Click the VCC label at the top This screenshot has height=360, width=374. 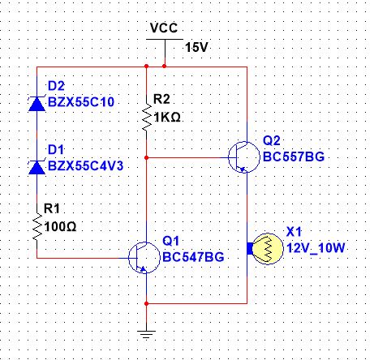[x=164, y=28]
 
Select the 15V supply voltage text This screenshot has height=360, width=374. [x=196, y=48]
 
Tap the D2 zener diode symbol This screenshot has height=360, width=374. [x=37, y=104]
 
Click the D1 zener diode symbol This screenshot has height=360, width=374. [x=37, y=167]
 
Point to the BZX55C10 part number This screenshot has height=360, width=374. [x=81, y=102]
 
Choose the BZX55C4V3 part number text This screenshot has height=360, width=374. [x=85, y=165]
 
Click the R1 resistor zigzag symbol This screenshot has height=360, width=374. [x=37, y=226]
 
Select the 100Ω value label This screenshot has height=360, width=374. [x=60, y=226]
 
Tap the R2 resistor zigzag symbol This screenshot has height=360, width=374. [x=147, y=117]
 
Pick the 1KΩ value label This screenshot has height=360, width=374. [x=167, y=118]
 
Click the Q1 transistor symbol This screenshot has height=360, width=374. [x=144, y=258]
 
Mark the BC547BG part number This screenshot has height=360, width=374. [x=193, y=257]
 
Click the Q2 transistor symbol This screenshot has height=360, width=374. [x=243, y=157]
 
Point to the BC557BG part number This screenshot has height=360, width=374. [x=294, y=156]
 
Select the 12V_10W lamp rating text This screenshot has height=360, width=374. [x=316, y=247]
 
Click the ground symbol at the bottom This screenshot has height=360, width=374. [x=146, y=335]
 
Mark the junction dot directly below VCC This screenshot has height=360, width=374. [x=164, y=66]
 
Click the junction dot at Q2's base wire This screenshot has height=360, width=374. [x=146, y=157]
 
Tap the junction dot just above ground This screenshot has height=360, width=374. [x=146, y=303]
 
